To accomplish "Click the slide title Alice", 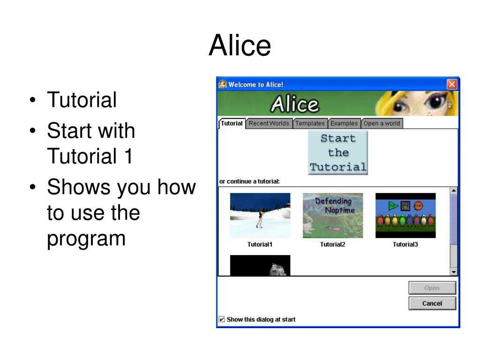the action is pos(240,45).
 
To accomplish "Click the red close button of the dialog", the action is pos(452,84).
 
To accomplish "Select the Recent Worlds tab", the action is pos(269,123).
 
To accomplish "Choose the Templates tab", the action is pos(309,123).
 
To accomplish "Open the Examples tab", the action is pos(344,123).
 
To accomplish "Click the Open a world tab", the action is pos(382,123).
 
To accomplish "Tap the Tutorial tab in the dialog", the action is pos(232,123).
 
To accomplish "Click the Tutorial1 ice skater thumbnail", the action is pos(260,216).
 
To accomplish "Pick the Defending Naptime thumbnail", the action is pos(333,216).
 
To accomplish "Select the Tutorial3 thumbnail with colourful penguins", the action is pos(405,216).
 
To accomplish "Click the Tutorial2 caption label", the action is pos(333,244).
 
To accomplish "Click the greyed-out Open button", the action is pos(432,288).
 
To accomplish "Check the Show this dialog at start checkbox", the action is pos(222,319).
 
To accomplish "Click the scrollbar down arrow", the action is pos(454,272).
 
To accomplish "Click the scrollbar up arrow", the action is pos(454,191).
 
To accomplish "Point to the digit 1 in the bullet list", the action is pos(129,156).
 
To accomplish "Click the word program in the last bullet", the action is pos(86,239).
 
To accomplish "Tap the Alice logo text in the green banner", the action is pos(295,104).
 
